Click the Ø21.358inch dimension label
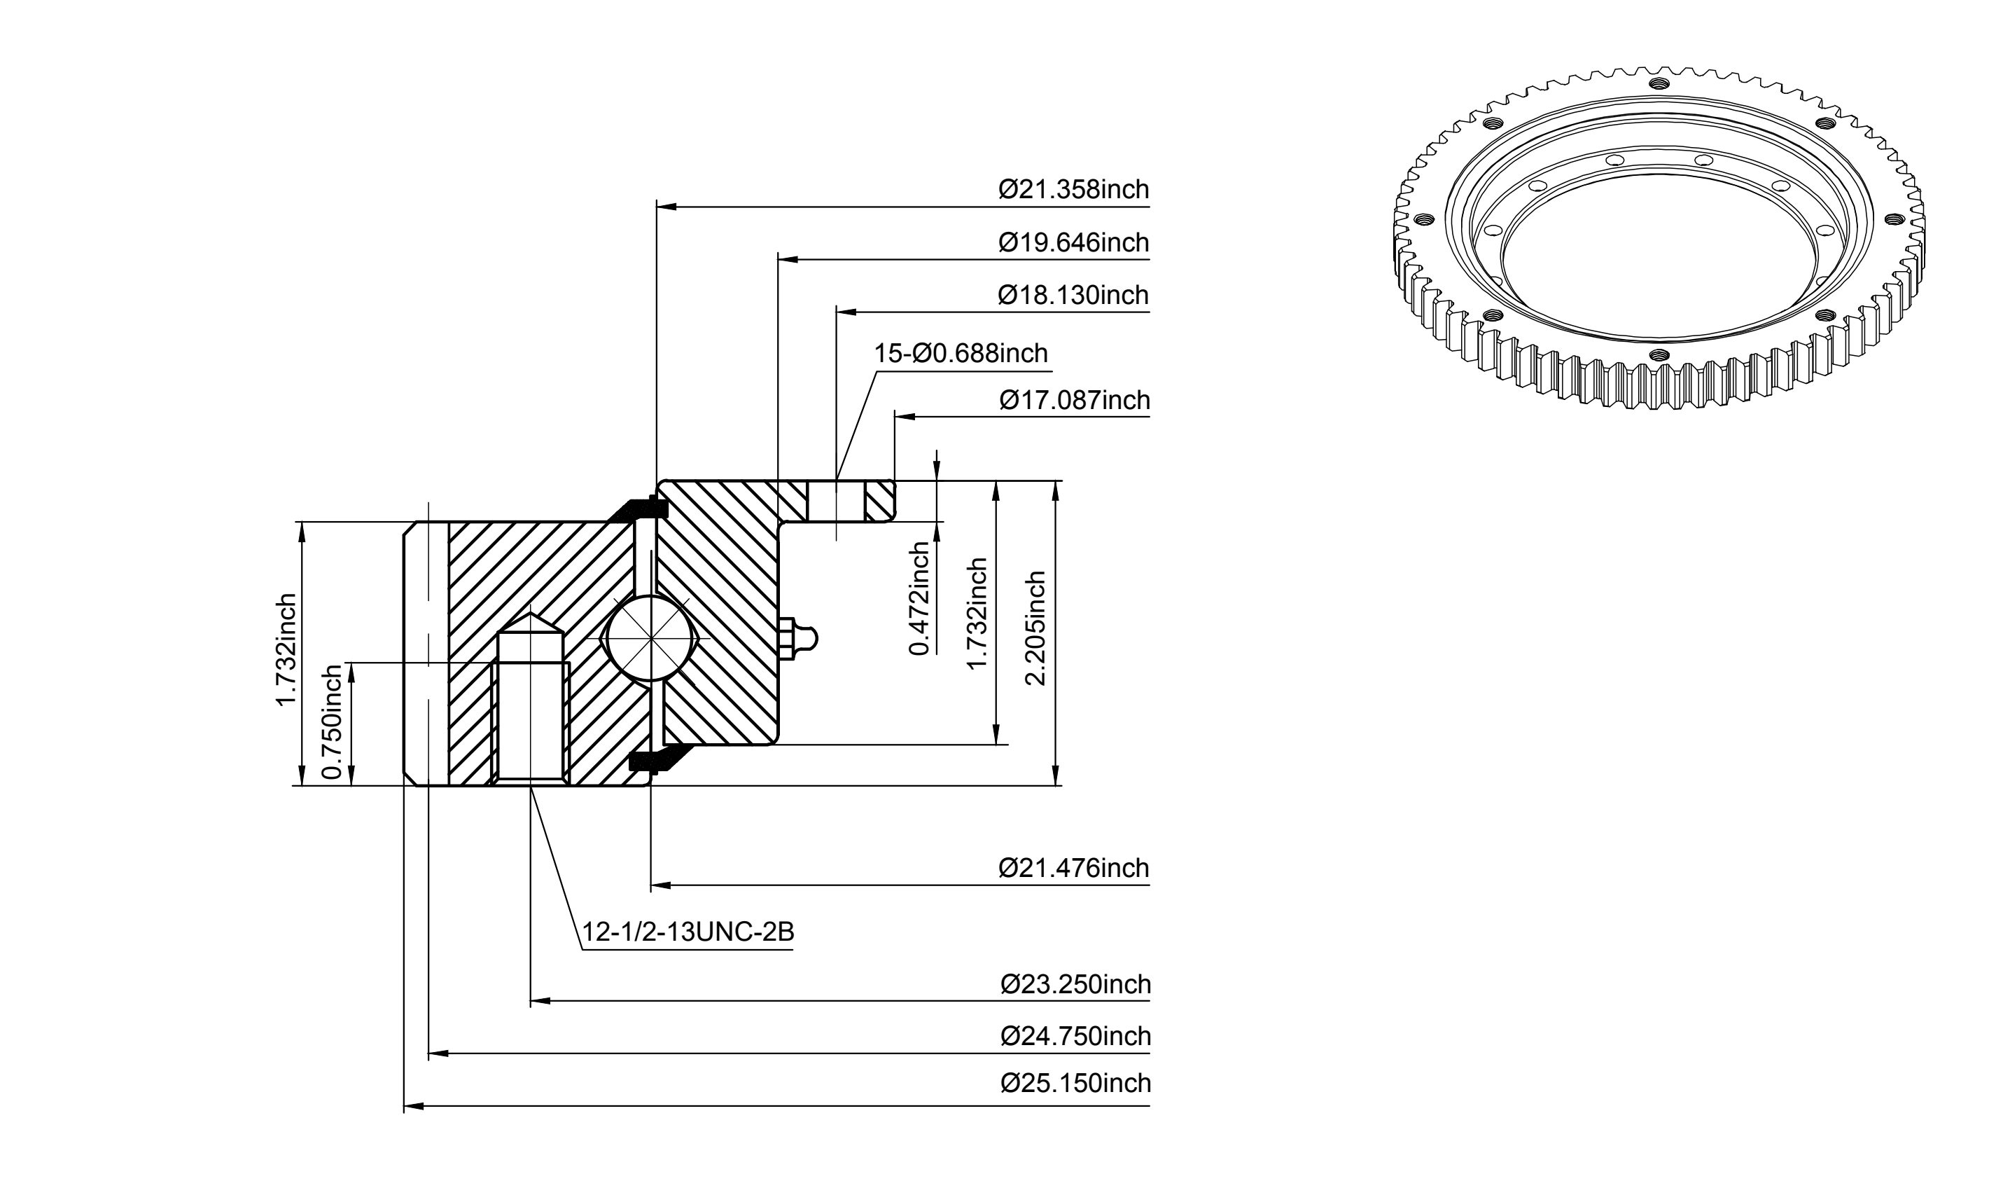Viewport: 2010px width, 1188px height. point(1073,190)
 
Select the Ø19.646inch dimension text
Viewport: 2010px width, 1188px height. point(1073,242)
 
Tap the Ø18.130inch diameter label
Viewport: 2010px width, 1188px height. point(1073,296)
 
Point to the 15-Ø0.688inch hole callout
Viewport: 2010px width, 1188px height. point(961,353)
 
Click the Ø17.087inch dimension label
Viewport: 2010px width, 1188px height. point(1075,400)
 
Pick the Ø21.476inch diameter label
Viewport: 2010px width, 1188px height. point(1073,868)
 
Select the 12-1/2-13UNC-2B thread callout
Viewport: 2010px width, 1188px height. point(688,932)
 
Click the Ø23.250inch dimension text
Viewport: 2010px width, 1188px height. point(1075,984)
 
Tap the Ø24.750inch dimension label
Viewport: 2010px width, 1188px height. point(1075,1037)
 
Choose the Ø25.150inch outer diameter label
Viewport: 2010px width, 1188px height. point(1075,1083)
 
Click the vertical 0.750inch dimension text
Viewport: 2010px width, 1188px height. point(331,722)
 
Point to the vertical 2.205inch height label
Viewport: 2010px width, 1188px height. point(1035,628)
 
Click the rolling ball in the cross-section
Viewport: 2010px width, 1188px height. point(654,639)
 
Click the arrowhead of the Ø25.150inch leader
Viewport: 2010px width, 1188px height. point(413,1106)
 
